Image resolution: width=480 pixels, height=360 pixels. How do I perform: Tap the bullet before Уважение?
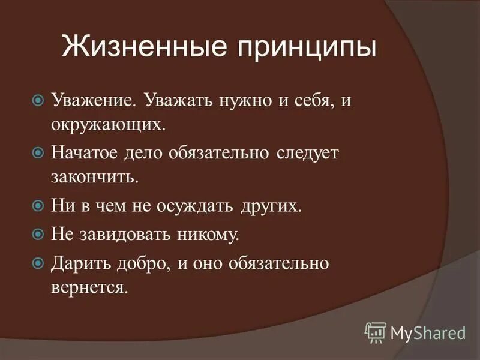pos(38,99)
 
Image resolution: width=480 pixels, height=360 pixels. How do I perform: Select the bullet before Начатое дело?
pos(38,153)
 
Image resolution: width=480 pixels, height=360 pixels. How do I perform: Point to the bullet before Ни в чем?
pos(38,206)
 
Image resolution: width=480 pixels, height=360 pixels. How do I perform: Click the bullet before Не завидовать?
pos(38,233)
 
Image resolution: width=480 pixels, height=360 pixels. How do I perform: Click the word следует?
pos(307,153)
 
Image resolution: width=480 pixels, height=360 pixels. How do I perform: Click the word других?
pos(271,206)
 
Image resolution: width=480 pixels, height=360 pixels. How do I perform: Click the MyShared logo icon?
pos(375,332)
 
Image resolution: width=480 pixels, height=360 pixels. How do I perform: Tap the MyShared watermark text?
pos(428,332)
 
